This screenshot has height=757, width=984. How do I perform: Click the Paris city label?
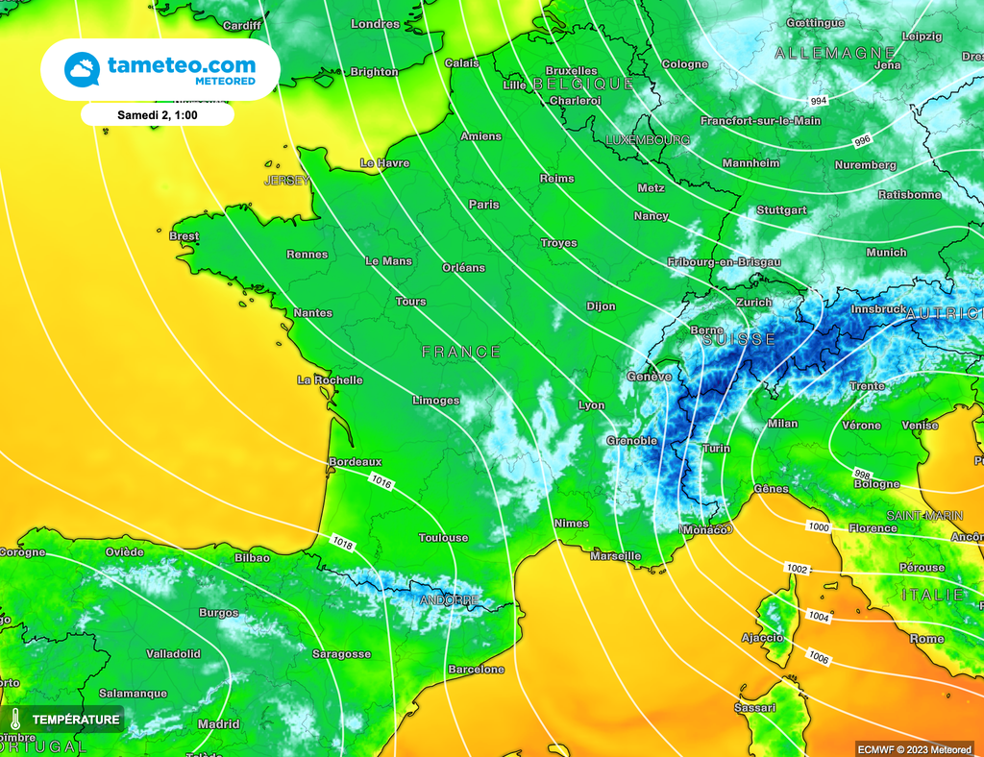pyautogui.click(x=483, y=205)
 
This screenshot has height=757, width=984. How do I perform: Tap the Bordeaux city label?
pyautogui.click(x=356, y=462)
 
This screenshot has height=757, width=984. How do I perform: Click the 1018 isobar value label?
pyautogui.click(x=342, y=545)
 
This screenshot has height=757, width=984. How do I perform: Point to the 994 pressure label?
pyautogui.click(x=818, y=101)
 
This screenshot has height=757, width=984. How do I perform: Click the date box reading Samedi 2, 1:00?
pyautogui.click(x=157, y=114)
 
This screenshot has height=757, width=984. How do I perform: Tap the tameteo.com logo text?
pyautogui.click(x=182, y=65)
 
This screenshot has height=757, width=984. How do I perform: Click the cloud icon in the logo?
pyautogui.click(x=82, y=69)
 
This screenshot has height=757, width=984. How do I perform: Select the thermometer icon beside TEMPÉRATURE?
pyautogui.click(x=16, y=719)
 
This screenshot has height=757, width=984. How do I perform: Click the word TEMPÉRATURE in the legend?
pyautogui.click(x=76, y=719)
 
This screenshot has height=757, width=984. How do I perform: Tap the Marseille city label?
pyautogui.click(x=616, y=556)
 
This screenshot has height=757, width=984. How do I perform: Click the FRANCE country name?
pyautogui.click(x=461, y=353)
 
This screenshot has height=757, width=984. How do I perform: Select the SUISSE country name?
pyautogui.click(x=739, y=340)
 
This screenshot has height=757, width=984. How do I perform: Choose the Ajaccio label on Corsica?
pyautogui.click(x=762, y=638)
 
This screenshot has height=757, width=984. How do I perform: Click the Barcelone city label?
pyautogui.click(x=476, y=670)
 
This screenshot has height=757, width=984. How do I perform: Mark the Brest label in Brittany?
pyautogui.click(x=184, y=236)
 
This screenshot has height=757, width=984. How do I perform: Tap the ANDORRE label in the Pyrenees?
pyautogui.click(x=449, y=600)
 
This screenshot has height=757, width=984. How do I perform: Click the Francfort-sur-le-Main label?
pyautogui.click(x=760, y=121)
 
